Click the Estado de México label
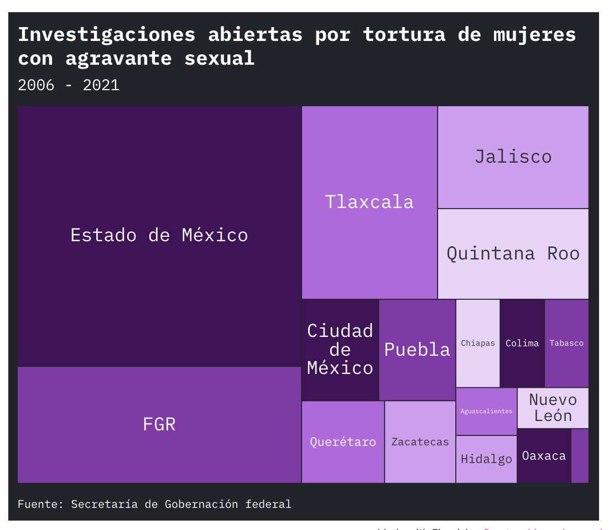pos(159,235)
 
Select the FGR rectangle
pos(159,424)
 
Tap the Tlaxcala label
pos(370,202)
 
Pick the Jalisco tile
pos(513,157)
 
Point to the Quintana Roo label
pos(513,253)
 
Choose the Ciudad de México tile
pos(340,350)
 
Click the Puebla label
pos(417,350)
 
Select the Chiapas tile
pos(478,343)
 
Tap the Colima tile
pos(522,343)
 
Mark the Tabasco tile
pos(566,343)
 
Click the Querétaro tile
pos(343,442)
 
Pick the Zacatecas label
pos(420,442)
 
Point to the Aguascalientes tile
pos(486,411)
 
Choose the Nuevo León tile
pos(553,408)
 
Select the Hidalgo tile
pos(486,459)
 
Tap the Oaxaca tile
pos(544,456)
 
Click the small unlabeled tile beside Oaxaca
pos(580,456)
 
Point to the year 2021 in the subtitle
pos(101,85)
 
